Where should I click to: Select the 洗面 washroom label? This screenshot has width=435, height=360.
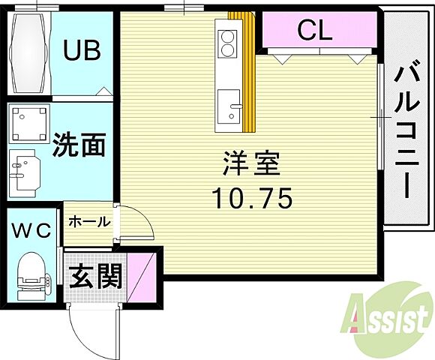click(77, 145)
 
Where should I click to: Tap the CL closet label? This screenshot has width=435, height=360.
click(316, 31)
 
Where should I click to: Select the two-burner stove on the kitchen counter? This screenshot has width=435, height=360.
click(227, 42)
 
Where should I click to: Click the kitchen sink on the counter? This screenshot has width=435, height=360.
click(229, 103)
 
